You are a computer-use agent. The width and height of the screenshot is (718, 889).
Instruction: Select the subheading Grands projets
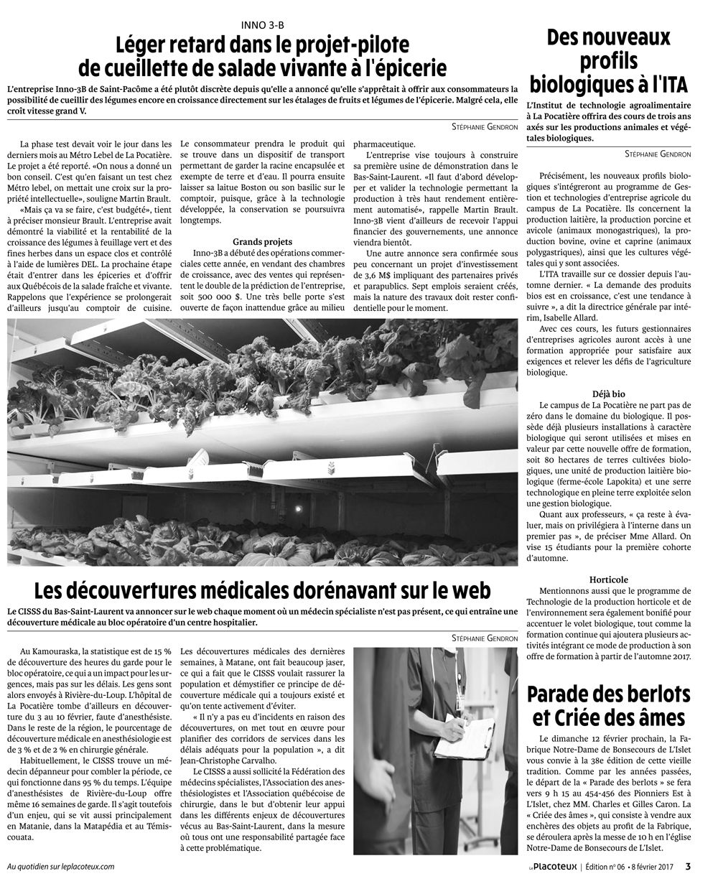click(262, 241)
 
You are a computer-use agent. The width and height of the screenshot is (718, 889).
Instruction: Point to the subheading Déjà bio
click(608, 394)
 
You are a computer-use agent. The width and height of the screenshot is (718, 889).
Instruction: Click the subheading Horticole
click(608, 579)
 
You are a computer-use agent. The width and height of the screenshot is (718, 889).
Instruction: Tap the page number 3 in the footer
click(687, 865)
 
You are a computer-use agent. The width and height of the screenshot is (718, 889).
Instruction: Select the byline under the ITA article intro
click(657, 154)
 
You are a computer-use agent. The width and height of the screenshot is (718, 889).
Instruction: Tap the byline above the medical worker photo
click(485, 638)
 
